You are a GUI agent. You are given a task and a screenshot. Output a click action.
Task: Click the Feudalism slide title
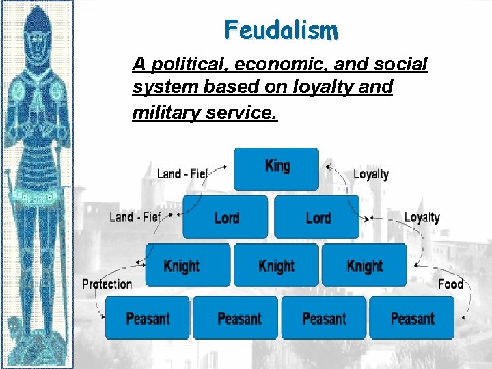281,30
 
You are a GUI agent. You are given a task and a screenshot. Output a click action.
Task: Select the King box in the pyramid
277,167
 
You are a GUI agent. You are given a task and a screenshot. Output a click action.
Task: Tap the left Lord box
225,217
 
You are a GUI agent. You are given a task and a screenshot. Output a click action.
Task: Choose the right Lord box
317,217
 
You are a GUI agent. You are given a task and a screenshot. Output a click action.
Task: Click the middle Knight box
276,266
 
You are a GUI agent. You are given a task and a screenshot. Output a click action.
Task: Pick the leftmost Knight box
182,266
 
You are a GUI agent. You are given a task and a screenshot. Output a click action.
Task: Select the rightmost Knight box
364,266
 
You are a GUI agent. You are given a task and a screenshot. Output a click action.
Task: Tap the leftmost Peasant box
148,318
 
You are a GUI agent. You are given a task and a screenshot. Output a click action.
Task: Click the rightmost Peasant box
412,318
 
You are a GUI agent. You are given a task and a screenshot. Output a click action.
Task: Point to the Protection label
107,284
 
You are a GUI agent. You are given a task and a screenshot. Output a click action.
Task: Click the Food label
450,284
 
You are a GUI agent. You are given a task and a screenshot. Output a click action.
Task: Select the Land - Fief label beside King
182,173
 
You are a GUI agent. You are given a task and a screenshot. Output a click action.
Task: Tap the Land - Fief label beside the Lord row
135,217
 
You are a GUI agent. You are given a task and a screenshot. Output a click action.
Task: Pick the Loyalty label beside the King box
371,174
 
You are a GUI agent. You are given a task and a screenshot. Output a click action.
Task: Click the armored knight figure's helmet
38,30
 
